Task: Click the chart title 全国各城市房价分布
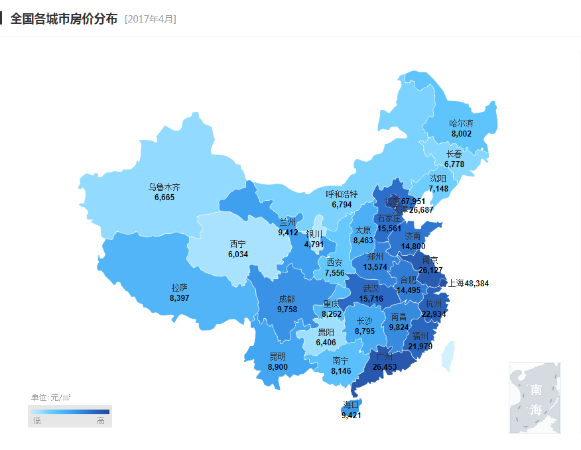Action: tap(64, 18)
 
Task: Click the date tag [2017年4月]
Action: tap(151, 19)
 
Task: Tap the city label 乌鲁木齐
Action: tap(164, 188)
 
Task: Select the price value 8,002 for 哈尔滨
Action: tap(461, 133)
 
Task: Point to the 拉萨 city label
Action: tap(179, 288)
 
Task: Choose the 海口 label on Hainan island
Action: tap(351, 404)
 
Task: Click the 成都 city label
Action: tap(287, 299)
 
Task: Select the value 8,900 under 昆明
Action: tap(278, 366)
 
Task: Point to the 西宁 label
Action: tap(238, 244)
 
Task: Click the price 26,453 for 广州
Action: tap(385, 366)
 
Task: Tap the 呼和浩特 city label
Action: tap(342, 195)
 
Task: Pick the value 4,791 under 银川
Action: tap(314, 244)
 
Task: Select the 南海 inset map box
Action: tap(535, 398)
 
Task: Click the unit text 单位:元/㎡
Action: tap(51, 398)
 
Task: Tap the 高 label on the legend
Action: tap(101, 421)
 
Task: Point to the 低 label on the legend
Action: tap(36, 421)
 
